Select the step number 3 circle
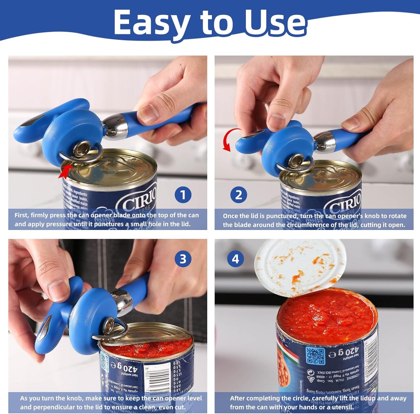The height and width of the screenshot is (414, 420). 183,258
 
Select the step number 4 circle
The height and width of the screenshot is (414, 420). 235,258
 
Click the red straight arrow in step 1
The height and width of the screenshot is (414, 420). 65,171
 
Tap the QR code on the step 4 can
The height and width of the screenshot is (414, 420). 315,356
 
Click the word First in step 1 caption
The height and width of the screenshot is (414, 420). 21,215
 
